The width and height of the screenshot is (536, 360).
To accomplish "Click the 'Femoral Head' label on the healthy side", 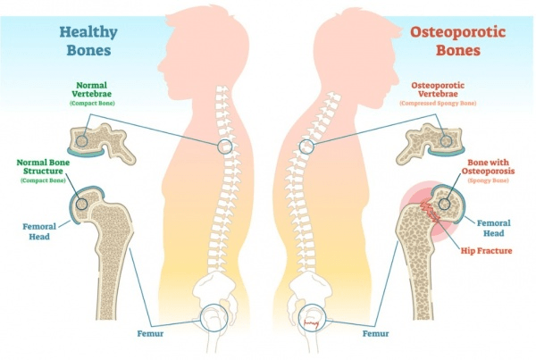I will click(35, 231).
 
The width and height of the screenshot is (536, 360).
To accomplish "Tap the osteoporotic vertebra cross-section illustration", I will click(436, 139).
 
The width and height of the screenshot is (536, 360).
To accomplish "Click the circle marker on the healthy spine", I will click(227, 145).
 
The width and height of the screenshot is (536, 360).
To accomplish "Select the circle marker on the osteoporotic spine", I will click(307, 145).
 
